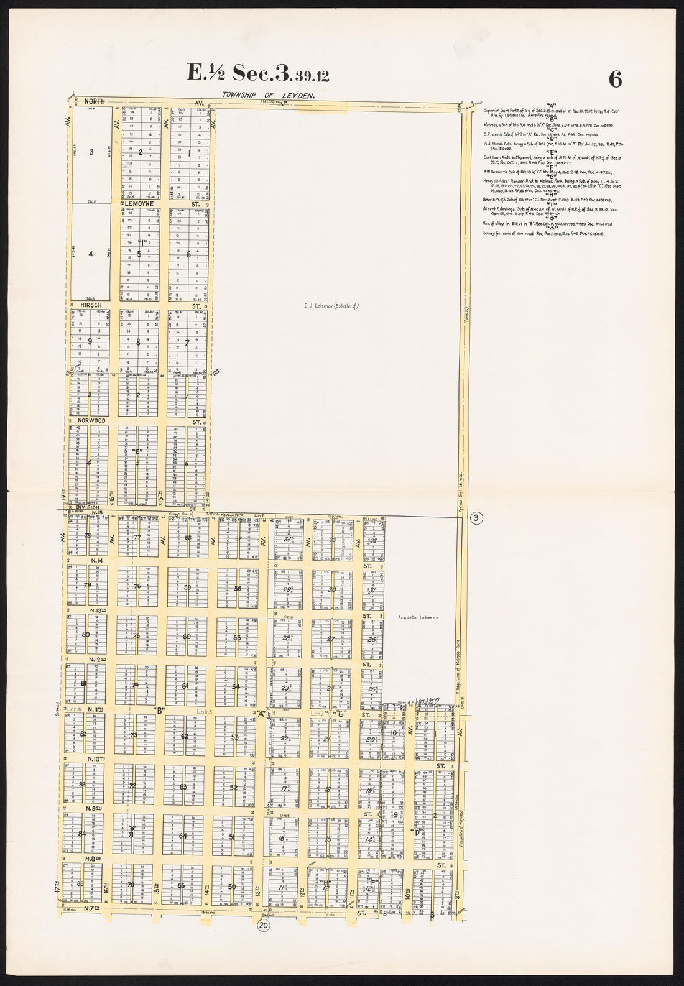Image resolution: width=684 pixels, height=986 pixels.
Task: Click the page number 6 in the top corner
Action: (x=615, y=79)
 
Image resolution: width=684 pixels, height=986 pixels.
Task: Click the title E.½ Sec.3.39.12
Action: (x=259, y=74)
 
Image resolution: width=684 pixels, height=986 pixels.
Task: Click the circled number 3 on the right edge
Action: (x=476, y=518)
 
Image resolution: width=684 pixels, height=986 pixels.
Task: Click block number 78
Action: (x=88, y=536)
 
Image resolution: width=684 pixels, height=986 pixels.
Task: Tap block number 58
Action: (x=188, y=538)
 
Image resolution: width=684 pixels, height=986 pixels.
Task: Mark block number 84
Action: (x=82, y=834)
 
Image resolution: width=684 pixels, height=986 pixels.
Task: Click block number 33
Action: (x=333, y=540)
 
